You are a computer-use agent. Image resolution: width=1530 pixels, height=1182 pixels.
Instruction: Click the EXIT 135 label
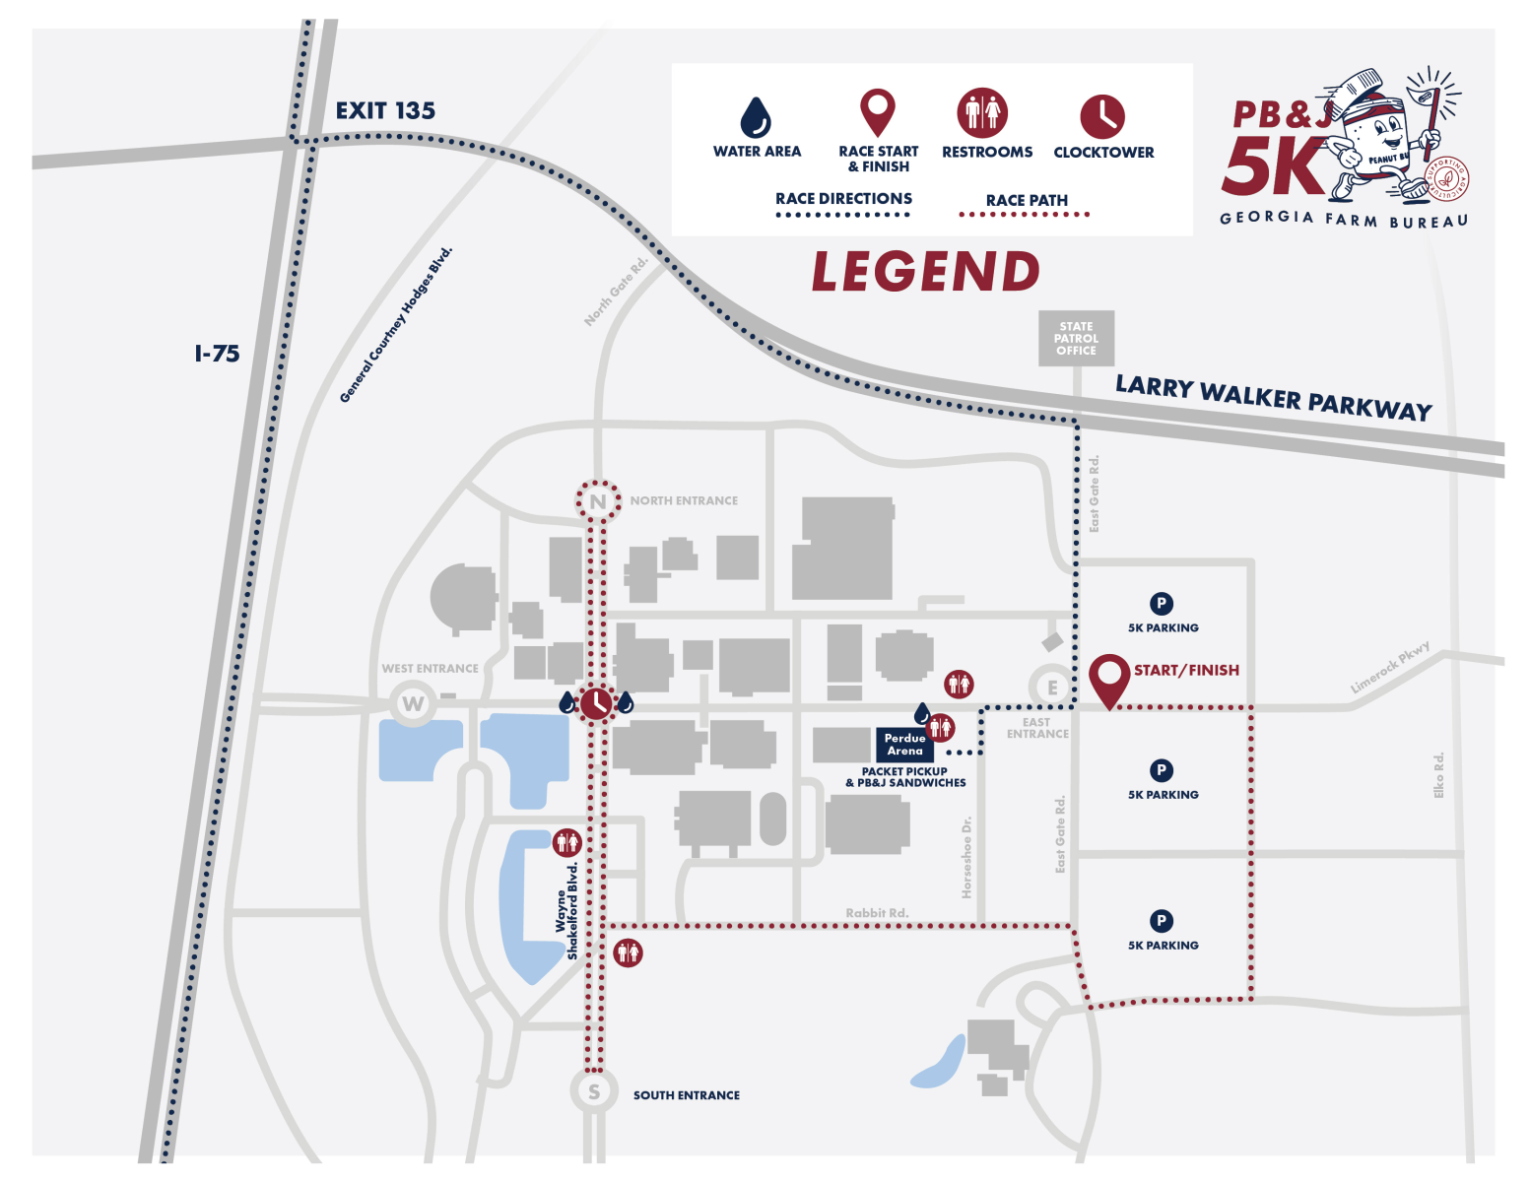pyautogui.click(x=385, y=110)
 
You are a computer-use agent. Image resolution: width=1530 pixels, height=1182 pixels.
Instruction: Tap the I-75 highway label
pyautogui.click(x=217, y=354)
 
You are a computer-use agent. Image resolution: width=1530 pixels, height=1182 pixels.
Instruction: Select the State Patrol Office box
pyautogui.click(x=1076, y=339)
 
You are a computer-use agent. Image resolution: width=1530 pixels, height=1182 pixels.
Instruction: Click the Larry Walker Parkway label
pyautogui.click(x=1273, y=397)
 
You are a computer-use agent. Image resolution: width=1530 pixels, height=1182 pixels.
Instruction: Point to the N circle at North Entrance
pyautogui.click(x=598, y=501)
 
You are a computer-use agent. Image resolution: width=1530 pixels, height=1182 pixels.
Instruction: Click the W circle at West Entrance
pyautogui.click(x=413, y=704)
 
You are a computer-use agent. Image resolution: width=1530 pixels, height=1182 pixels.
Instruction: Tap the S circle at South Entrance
pyautogui.click(x=593, y=1091)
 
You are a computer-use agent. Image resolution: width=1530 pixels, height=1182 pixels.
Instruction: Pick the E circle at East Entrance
pyautogui.click(x=1052, y=688)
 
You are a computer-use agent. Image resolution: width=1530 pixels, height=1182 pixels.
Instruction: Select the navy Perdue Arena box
pyautogui.click(x=904, y=745)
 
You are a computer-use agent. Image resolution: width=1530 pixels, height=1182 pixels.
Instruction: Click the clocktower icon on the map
pyautogui.click(x=596, y=704)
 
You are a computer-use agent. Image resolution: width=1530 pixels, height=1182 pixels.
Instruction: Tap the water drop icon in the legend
pyautogui.click(x=756, y=117)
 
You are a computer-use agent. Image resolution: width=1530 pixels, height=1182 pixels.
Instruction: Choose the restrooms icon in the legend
pyautogui.click(x=982, y=112)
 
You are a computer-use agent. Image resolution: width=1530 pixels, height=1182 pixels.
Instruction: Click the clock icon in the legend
pyautogui.click(x=1102, y=116)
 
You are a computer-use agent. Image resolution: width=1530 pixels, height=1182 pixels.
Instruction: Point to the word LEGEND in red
pyautogui.click(x=925, y=272)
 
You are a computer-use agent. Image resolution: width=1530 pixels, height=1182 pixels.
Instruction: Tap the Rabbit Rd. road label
pyautogui.click(x=877, y=913)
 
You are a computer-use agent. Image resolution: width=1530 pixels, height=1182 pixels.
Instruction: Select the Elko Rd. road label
pyautogui.click(x=1438, y=775)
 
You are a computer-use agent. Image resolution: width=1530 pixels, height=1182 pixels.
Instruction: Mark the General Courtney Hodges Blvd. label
pyautogui.click(x=396, y=324)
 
